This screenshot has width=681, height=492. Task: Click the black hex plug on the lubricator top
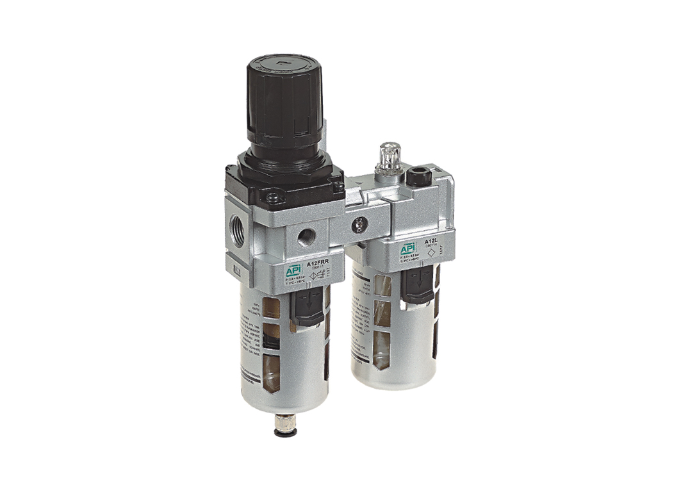pos(420,174)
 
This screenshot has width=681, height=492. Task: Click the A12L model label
pos(431,242)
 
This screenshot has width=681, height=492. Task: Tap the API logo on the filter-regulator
pos(293,271)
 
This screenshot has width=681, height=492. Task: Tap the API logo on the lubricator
pos(407,249)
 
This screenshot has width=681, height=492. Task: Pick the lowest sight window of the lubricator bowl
pos(382,346)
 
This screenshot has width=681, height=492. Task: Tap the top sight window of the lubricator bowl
pos(382,286)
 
